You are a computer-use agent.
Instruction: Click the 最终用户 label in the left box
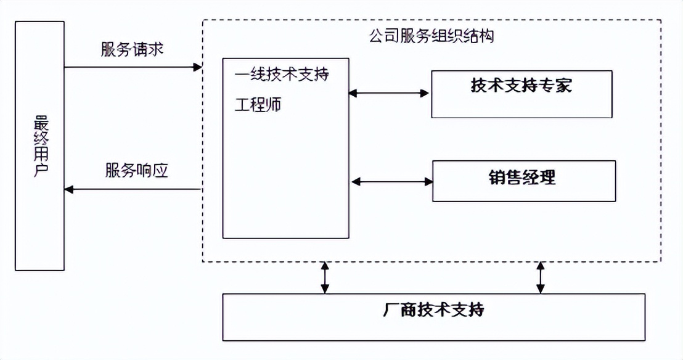click(x=39, y=146)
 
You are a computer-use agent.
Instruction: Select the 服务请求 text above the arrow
click(x=132, y=50)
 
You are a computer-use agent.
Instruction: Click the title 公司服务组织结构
click(x=431, y=36)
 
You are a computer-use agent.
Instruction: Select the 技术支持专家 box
click(x=521, y=94)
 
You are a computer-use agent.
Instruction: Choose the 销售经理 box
click(x=523, y=181)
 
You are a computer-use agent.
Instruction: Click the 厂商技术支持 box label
click(x=433, y=309)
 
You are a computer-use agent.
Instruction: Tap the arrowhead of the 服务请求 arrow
click(x=198, y=67)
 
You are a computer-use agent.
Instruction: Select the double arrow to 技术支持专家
click(x=389, y=94)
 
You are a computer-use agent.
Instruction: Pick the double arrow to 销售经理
click(x=392, y=181)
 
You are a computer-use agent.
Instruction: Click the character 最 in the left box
click(x=39, y=121)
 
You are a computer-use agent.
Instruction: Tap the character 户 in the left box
click(x=39, y=170)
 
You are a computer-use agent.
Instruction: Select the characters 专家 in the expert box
click(x=555, y=85)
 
